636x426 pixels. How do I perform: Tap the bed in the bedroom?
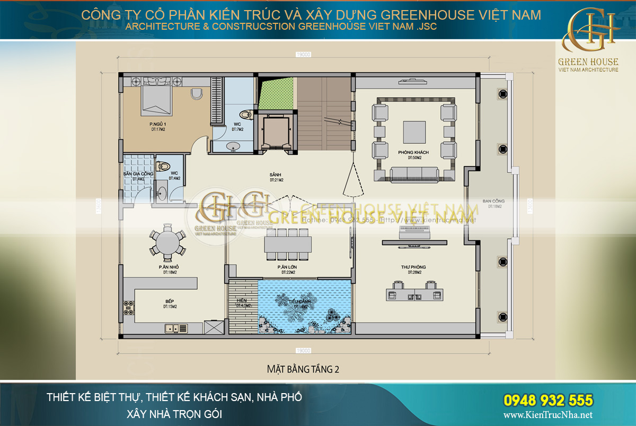pos(156,100)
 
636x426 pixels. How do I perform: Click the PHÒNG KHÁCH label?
pos(413,153)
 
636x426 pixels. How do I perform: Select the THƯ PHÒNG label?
pos(413,267)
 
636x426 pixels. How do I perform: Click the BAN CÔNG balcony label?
pos(493,202)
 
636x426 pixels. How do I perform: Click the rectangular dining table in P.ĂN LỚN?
pos(289,245)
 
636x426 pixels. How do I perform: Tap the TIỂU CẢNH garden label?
pos(298,302)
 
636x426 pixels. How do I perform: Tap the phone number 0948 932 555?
pos(547,399)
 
